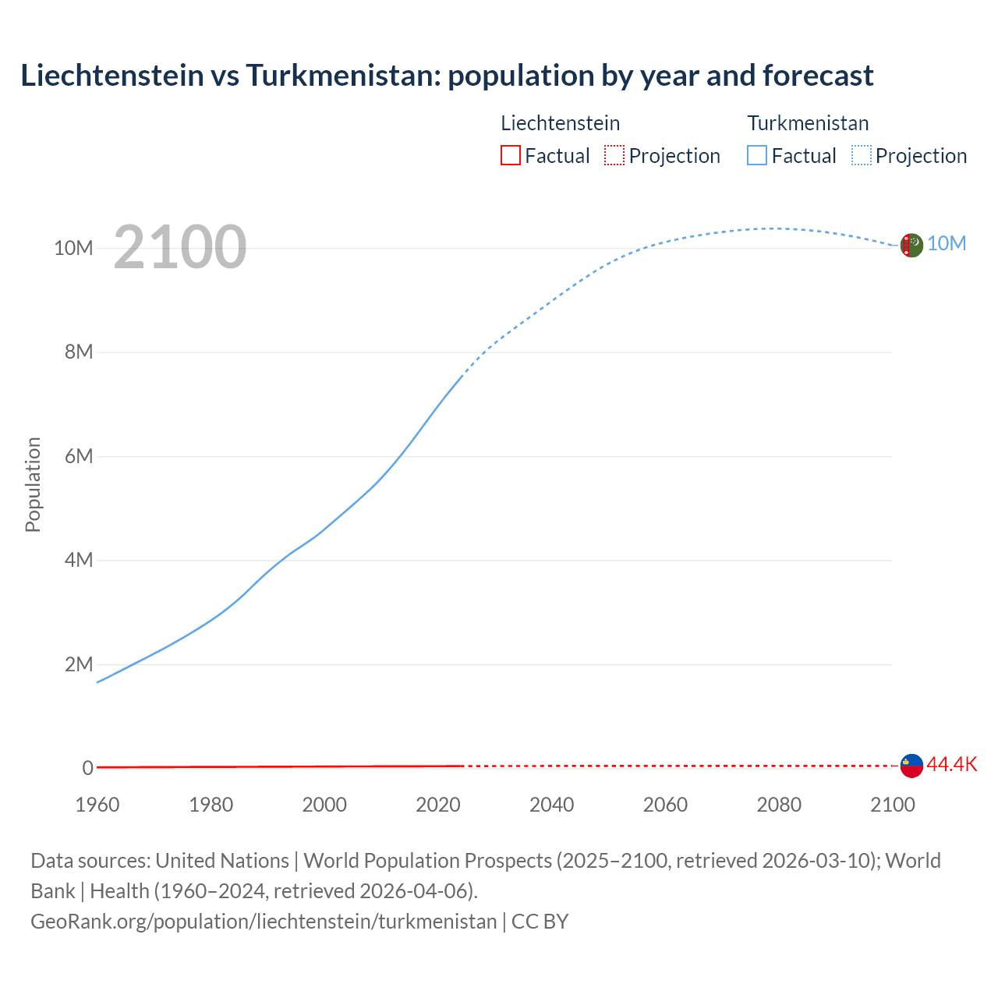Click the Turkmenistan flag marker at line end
click(911, 245)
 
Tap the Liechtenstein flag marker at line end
click(911, 766)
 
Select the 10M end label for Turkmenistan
click(947, 244)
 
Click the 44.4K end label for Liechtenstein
click(951, 765)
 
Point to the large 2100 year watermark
click(180, 248)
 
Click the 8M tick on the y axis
click(79, 352)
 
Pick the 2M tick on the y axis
click(79, 664)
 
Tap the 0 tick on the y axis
click(87, 768)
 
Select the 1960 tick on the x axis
click(97, 805)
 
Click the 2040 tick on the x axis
click(551, 805)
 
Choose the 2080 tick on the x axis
click(778, 805)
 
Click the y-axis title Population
click(33, 484)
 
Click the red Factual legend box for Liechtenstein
click(511, 155)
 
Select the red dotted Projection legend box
click(614, 155)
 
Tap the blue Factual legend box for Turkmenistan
click(757, 155)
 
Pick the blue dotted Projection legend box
click(862, 155)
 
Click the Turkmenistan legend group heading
click(808, 123)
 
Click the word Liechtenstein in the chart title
click(110, 76)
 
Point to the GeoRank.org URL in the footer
click(264, 922)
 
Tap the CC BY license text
click(540, 922)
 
